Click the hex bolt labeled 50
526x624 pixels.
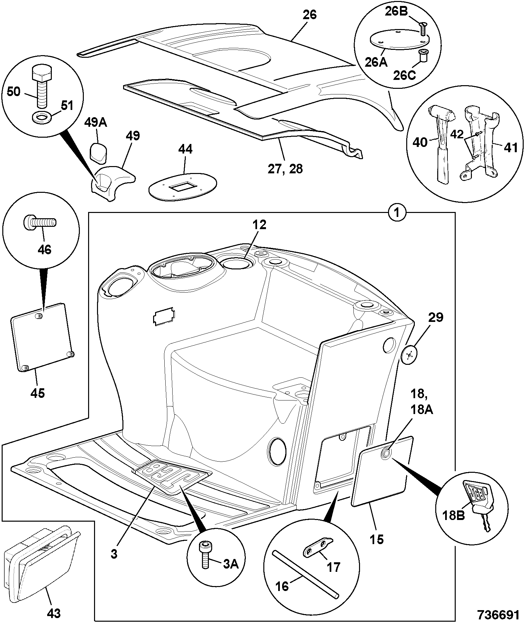[42, 86]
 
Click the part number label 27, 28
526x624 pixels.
[285, 169]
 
